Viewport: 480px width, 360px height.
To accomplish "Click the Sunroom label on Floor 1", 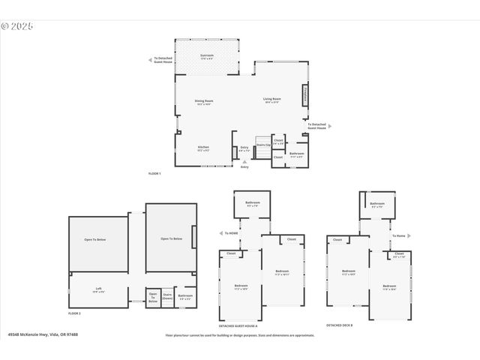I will click(206, 56).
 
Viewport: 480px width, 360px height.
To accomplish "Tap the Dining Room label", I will click(205, 101).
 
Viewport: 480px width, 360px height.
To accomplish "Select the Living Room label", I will click(271, 100).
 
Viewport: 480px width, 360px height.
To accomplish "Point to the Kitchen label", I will click(203, 148).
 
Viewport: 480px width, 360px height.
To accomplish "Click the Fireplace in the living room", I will click(305, 96).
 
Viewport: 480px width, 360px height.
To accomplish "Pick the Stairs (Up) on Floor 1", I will click(262, 145).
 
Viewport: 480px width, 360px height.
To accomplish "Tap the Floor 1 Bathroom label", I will click(296, 154).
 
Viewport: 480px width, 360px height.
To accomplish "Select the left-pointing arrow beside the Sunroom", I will click(150, 59).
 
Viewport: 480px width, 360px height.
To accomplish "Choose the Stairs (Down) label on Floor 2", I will click(167, 295).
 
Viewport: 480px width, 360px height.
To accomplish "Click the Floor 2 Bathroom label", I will click(185, 296).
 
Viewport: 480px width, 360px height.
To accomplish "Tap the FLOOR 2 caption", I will click(74, 313).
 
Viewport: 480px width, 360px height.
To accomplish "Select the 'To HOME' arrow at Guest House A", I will click(222, 232).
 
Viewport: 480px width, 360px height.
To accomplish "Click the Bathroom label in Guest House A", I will click(252, 204).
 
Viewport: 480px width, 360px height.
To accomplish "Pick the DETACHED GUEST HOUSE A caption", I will click(238, 325).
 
